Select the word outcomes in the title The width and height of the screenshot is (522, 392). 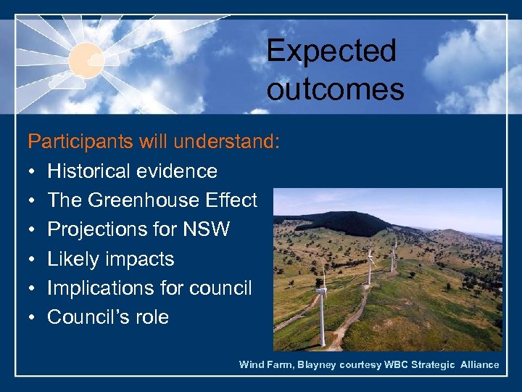[x=335, y=89]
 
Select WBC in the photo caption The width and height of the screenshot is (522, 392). [x=392, y=364]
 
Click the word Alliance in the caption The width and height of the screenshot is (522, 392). [x=480, y=364]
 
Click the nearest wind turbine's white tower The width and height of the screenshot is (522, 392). [x=322, y=319]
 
